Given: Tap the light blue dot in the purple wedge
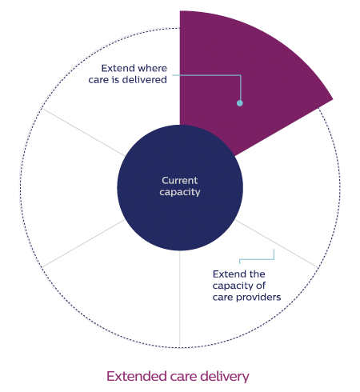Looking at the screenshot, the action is tap(240, 103).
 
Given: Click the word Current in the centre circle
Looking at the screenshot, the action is tap(180, 181).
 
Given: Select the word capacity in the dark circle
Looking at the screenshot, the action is tap(180, 193).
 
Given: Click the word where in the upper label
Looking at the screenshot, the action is tap(153, 68).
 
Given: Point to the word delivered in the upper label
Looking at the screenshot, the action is tap(145, 80).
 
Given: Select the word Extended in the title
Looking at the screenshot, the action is tap(137, 376).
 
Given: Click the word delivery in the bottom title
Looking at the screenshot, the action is tap(225, 377).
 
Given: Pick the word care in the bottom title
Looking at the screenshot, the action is tap(183, 378).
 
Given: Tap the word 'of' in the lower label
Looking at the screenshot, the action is tap(261, 286).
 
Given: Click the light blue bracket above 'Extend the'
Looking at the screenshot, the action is tap(257, 259).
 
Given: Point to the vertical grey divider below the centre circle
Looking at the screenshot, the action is tap(180, 299).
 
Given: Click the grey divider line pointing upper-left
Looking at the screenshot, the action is tap(83, 132).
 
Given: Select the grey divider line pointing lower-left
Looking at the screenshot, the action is tap(83, 243).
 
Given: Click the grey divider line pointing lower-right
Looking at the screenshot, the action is tap(276, 243).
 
